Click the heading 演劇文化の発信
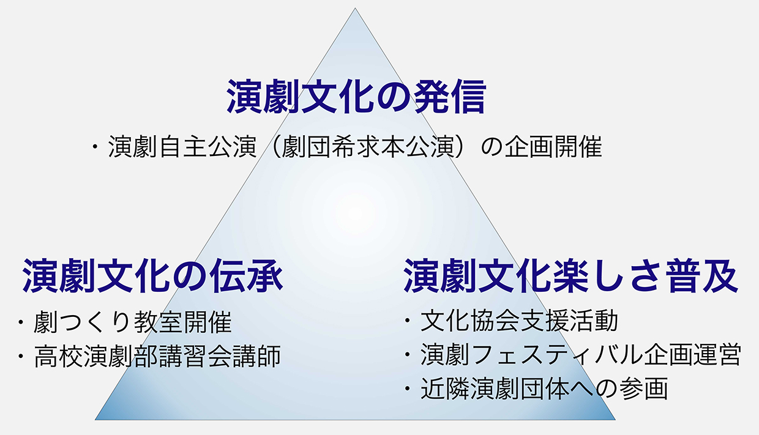coord(356,97)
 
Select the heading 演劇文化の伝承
coord(152,275)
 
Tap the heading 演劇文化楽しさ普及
coord(570,275)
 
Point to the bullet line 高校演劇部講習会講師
coord(157,356)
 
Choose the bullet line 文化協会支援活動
coord(519,321)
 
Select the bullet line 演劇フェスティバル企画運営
coord(581,355)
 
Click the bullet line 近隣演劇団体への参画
coord(544,389)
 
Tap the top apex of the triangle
coord(355,8)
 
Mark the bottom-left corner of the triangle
coord(95,420)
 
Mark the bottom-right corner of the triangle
coord(615,420)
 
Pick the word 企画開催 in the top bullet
coord(553,147)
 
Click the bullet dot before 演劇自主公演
coord(95,147)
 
